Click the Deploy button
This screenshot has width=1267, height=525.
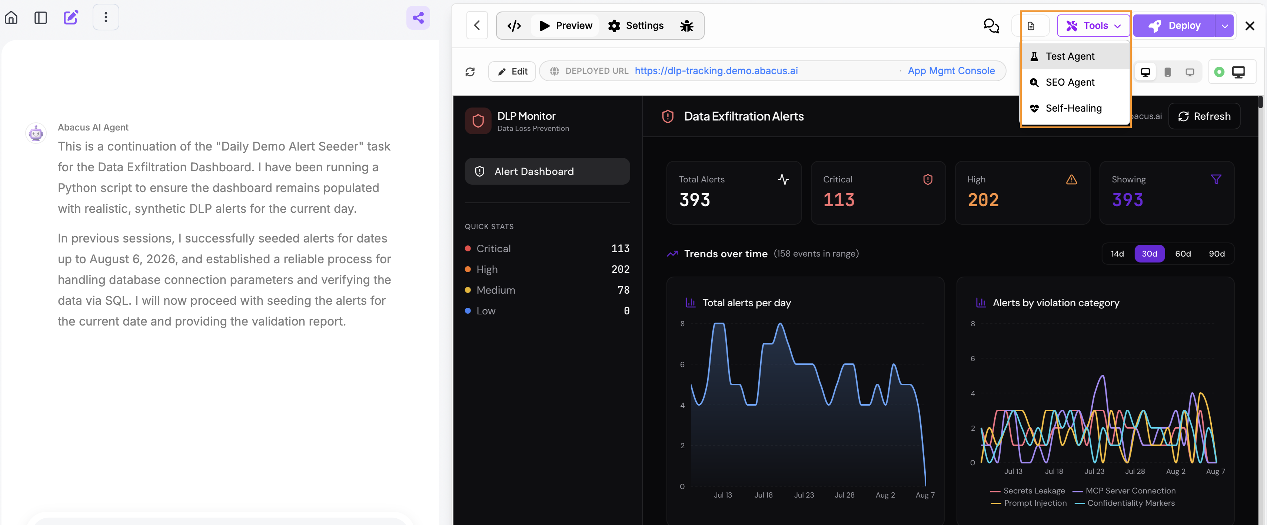click(x=1174, y=26)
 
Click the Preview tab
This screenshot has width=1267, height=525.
click(x=566, y=26)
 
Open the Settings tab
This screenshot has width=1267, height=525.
click(x=635, y=26)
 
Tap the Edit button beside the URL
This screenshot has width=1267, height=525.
click(x=512, y=71)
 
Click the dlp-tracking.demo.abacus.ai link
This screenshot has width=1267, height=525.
click(x=716, y=71)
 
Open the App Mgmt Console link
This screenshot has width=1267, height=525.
click(x=951, y=71)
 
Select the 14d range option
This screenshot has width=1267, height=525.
click(x=1117, y=254)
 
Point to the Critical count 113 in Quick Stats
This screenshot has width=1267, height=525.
click(x=620, y=248)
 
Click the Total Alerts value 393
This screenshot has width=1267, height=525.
click(x=695, y=200)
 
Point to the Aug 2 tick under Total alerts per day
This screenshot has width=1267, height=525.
click(x=885, y=495)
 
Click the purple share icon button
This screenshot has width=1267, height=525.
click(x=418, y=18)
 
